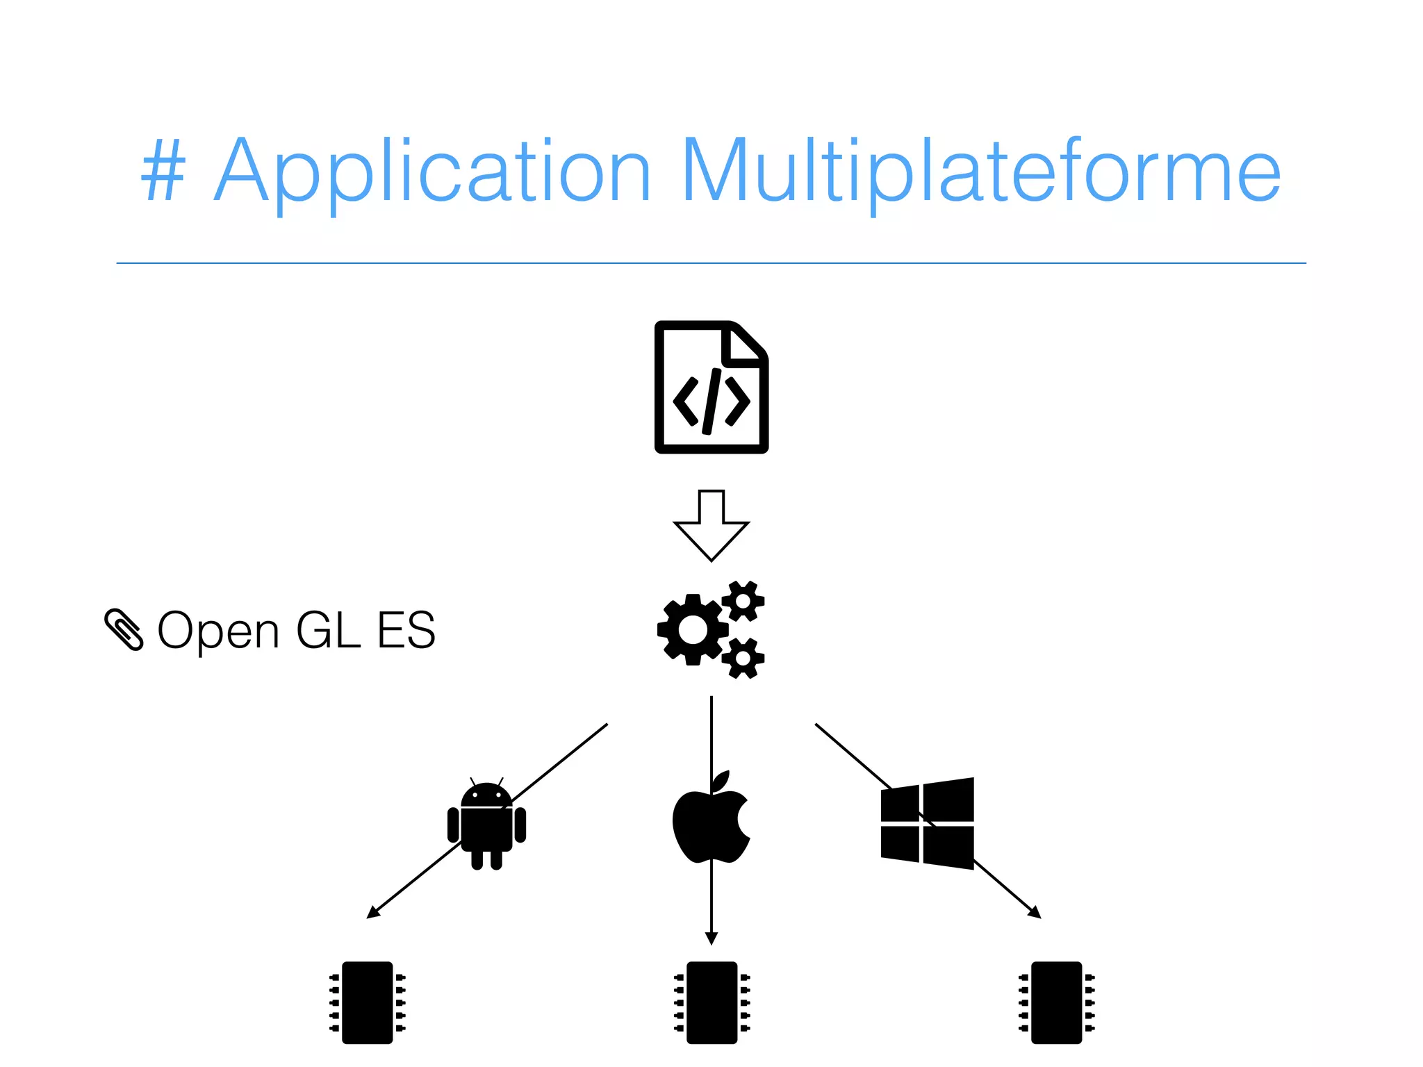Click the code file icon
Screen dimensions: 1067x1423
coord(711,387)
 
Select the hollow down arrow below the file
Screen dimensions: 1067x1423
coord(711,525)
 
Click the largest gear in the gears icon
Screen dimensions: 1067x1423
coord(693,630)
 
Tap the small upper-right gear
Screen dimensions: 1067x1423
coord(743,601)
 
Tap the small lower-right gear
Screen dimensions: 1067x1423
coord(743,657)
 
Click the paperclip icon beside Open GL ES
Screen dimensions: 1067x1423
coord(124,629)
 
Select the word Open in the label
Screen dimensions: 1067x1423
coord(218,631)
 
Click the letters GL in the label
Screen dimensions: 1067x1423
coord(328,631)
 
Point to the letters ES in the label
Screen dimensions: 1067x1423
coord(406,631)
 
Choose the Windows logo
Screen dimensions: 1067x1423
coord(927,823)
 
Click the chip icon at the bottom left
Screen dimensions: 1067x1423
coord(368,1002)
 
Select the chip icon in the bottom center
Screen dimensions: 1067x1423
coord(711,1002)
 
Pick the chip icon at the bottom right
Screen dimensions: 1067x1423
coord(1056,1002)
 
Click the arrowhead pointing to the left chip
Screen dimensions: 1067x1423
coord(373,913)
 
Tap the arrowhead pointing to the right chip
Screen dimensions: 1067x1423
coord(1035,913)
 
